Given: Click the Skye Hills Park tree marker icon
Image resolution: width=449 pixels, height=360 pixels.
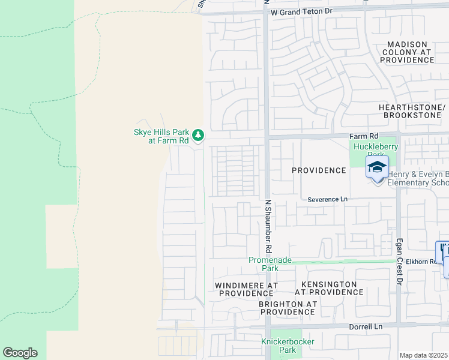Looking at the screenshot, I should (x=197, y=134).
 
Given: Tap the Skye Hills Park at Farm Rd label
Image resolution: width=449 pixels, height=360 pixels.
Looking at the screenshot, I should (x=160, y=137).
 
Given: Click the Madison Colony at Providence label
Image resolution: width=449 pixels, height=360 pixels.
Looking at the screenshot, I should (x=406, y=52).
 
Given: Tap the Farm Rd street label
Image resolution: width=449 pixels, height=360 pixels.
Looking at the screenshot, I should (x=364, y=136).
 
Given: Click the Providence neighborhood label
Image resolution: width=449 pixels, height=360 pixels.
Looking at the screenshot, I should (x=319, y=170).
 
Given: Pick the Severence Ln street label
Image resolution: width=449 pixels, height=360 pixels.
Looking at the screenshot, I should (x=327, y=199).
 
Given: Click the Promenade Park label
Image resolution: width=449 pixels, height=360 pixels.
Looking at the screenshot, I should (x=270, y=264).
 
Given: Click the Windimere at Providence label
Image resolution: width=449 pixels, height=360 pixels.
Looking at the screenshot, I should (x=246, y=289).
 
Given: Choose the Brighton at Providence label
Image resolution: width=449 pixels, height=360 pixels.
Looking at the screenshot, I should (x=288, y=308).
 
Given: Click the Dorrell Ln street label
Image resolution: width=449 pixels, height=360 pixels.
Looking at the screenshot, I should (x=366, y=326).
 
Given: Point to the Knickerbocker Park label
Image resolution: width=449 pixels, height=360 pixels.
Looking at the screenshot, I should (x=288, y=346).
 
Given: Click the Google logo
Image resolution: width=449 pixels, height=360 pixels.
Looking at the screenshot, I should (x=20, y=353).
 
